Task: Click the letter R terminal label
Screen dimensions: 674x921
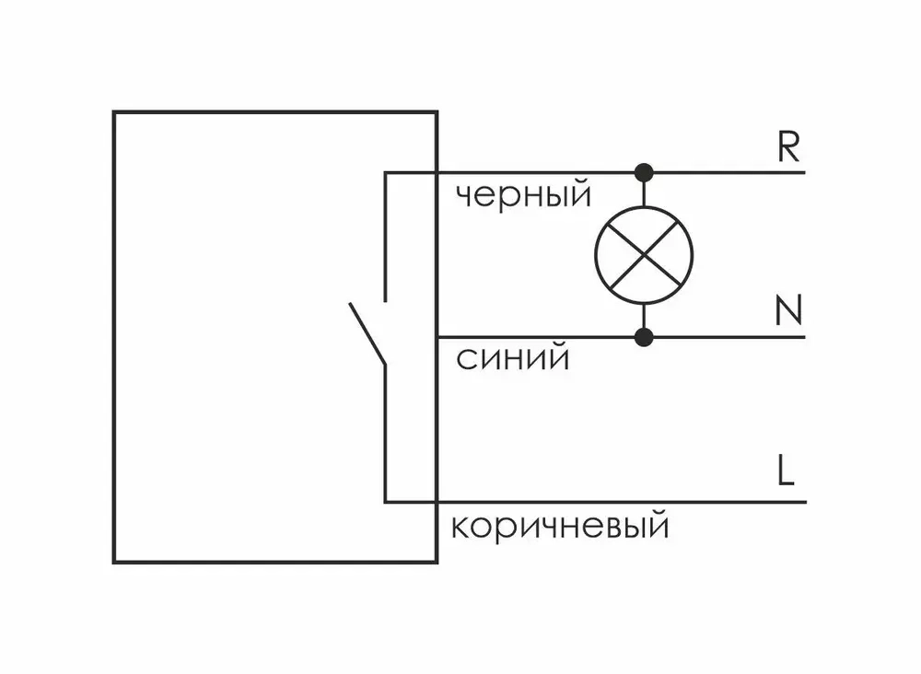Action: coord(788,148)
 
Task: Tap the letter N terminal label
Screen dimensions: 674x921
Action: coord(788,313)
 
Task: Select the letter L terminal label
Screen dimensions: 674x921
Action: coord(784,471)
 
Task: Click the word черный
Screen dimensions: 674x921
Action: coord(522,195)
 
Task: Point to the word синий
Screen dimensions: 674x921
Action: coord(512,358)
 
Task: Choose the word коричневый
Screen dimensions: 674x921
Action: coord(559,528)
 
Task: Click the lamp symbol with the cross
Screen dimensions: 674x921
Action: coord(644,255)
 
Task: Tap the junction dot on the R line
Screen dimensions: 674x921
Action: coord(644,172)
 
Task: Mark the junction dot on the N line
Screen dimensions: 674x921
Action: coord(644,337)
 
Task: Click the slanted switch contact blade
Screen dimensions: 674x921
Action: coord(367,333)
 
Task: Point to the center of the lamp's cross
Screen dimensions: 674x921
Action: coord(644,255)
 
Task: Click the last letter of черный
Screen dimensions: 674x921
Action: coord(580,194)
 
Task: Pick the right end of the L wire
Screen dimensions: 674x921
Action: coord(804,502)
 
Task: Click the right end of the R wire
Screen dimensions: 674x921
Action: coord(804,172)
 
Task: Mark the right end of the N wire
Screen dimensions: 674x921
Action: coord(804,337)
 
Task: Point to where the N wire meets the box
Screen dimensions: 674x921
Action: coord(437,337)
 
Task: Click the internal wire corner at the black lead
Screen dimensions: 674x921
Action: coord(385,173)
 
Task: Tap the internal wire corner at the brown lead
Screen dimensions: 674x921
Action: coord(385,502)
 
